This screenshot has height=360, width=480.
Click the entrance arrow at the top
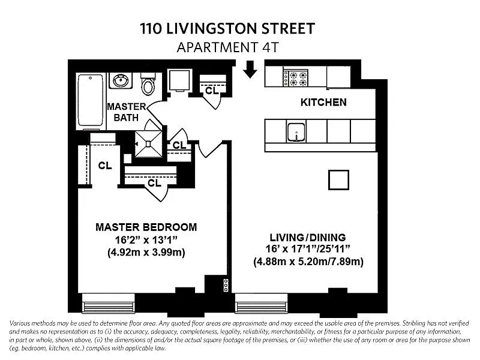(x=250, y=69)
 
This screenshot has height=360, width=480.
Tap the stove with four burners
(x=295, y=79)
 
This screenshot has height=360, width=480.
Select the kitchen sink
(x=296, y=132)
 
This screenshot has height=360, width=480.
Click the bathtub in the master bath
(x=91, y=100)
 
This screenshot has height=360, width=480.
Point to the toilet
(x=148, y=84)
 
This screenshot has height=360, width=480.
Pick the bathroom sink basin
(x=121, y=81)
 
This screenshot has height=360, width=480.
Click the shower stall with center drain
(x=149, y=144)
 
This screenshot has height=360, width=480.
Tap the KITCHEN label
(x=323, y=102)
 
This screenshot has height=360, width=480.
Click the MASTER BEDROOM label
(x=146, y=227)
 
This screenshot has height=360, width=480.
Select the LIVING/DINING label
(x=308, y=237)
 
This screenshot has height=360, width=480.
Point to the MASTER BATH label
(x=126, y=112)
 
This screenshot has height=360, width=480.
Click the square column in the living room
(x=338, y=180)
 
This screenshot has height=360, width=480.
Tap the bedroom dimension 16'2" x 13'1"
(x=146, y=239)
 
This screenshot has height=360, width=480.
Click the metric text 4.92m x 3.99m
(x=146, y=253)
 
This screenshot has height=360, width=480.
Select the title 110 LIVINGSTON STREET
(x=227, y=28)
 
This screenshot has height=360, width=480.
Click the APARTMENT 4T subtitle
(x=228, y=47)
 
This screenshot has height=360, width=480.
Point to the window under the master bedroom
(x=109, y=304)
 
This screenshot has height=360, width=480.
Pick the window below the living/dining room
(x=261, y=304)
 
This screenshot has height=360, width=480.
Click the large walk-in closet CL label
(x=104, y=166)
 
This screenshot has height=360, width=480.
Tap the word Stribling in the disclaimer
(x=415, y=323)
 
